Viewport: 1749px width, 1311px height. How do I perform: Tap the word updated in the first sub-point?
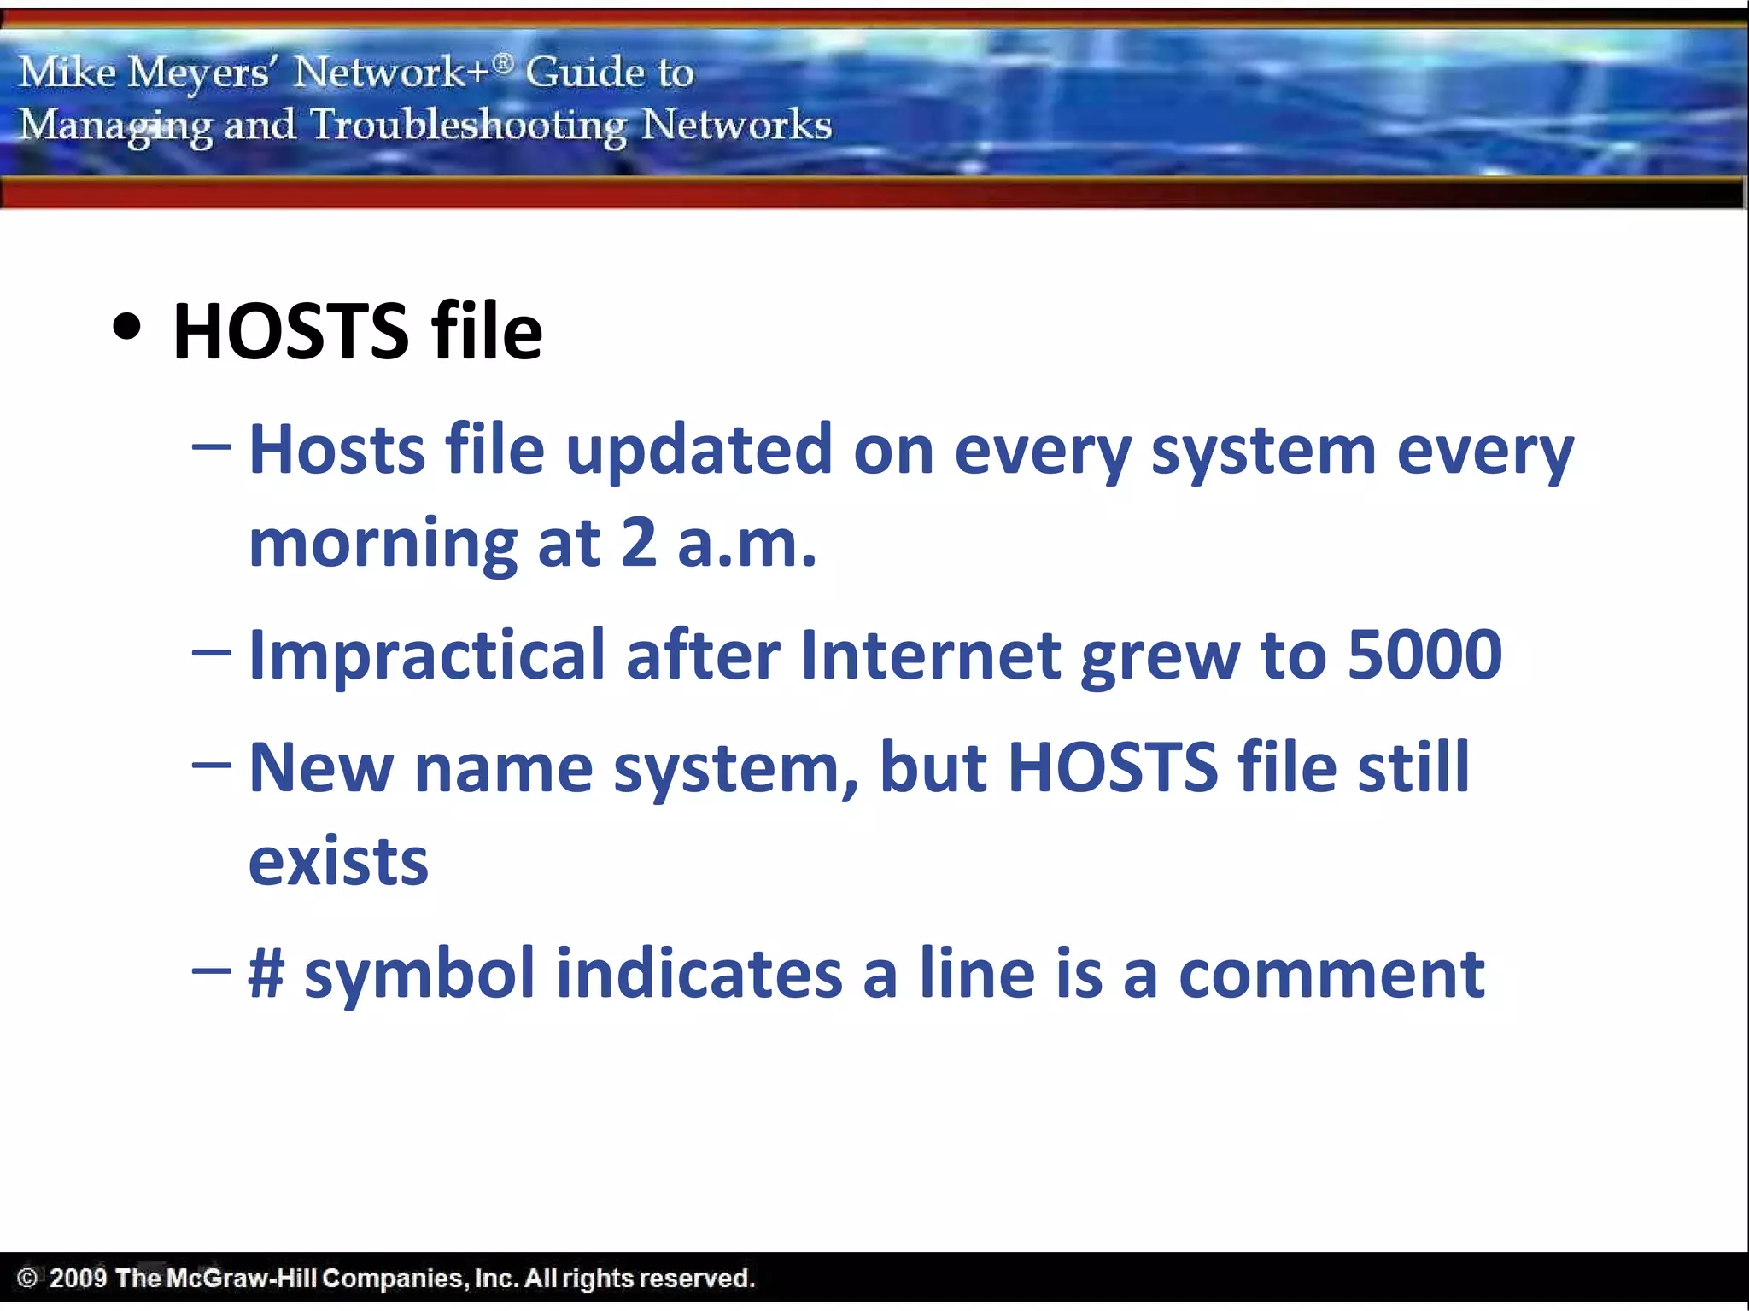pyautogui.click(x=699, y=450)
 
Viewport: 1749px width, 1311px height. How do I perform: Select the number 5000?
pyautogui.click(x=1424, y=655)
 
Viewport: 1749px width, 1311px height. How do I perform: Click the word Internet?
pyautogui.click(x=931, y=655)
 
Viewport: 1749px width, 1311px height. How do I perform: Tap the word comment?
pyautogui.click(x=1331, y=975)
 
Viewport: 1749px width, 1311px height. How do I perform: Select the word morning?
pyautogui.click(x=383, y=545)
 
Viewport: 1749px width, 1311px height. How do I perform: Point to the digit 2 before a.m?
pyautogui.click(x=639, y=543)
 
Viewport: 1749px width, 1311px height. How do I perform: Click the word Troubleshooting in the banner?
pyautogui.click(x=468, y=126)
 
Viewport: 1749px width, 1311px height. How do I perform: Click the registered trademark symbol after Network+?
pyautogui.click(x=504, y=61)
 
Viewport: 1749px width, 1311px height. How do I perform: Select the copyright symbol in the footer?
pyautogui.click(x=27, y=1278)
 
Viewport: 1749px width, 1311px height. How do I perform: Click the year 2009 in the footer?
pyautogui.click(x=78, y=1278)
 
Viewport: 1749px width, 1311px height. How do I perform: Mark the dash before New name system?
pyautogui.click(x=212, y=766)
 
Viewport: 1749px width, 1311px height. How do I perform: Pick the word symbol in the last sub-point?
pyautogui.click(x=419, y=975)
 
